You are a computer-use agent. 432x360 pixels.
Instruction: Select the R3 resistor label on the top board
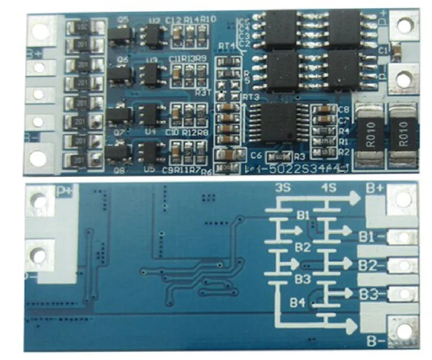coord(299,156)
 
